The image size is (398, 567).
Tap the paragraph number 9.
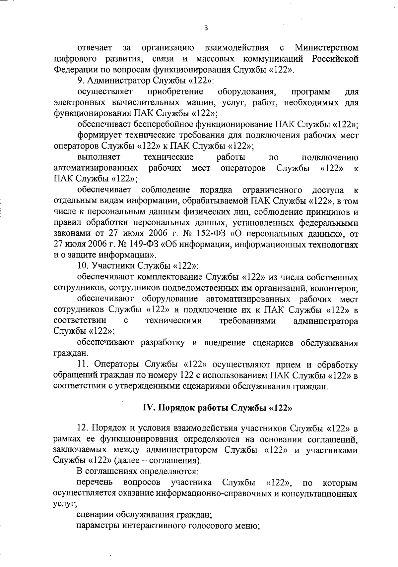tap(80, 81)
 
